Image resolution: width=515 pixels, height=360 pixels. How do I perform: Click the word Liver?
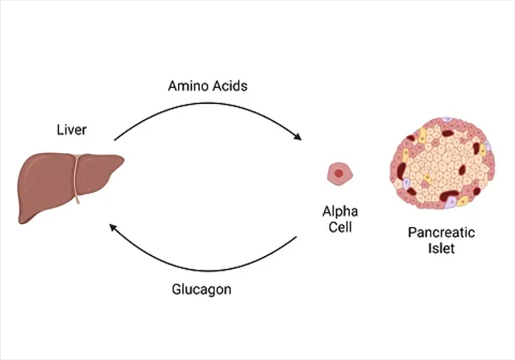(x=71, y=129)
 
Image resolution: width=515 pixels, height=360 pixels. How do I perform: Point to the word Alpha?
(x=339, y=212)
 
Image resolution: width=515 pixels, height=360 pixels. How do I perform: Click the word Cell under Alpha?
(x=339, y=227)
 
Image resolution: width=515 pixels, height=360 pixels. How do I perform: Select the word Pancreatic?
(x=441, y=233)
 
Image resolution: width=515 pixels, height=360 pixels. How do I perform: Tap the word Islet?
(x=441, y=249)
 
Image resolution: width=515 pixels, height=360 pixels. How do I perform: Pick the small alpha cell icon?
(x=339, y=172)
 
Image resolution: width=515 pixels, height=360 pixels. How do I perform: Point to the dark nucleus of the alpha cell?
(x=339, y=172)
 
